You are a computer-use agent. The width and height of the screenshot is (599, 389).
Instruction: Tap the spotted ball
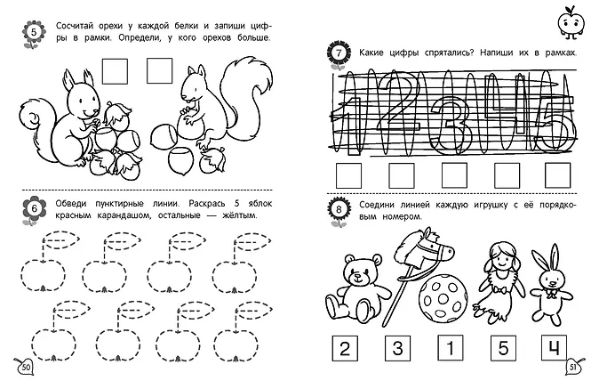[443, 299]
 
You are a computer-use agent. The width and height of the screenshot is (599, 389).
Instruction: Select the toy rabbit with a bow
[550, 286]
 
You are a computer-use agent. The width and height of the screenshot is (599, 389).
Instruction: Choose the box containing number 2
[345, 348]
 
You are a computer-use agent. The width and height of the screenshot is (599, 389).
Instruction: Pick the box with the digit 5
[503, 348]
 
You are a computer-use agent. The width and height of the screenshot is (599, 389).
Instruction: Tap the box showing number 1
[451, 348]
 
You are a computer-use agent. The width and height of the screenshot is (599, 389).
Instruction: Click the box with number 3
[397, 348]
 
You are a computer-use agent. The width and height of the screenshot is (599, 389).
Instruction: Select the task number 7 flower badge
[339, 54]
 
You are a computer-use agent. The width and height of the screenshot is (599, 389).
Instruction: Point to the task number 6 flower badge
[34, 209]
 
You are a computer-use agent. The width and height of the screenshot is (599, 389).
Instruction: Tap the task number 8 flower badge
[339, 210]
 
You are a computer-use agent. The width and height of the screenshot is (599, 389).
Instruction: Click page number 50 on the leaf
[25, 367]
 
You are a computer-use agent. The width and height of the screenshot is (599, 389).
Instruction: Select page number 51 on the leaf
[573, 367]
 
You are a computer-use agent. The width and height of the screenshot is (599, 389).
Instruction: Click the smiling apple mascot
[571, 22]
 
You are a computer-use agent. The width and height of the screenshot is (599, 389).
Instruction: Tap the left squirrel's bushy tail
[36, 123]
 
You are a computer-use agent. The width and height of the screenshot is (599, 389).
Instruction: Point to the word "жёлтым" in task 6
[239, 215]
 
